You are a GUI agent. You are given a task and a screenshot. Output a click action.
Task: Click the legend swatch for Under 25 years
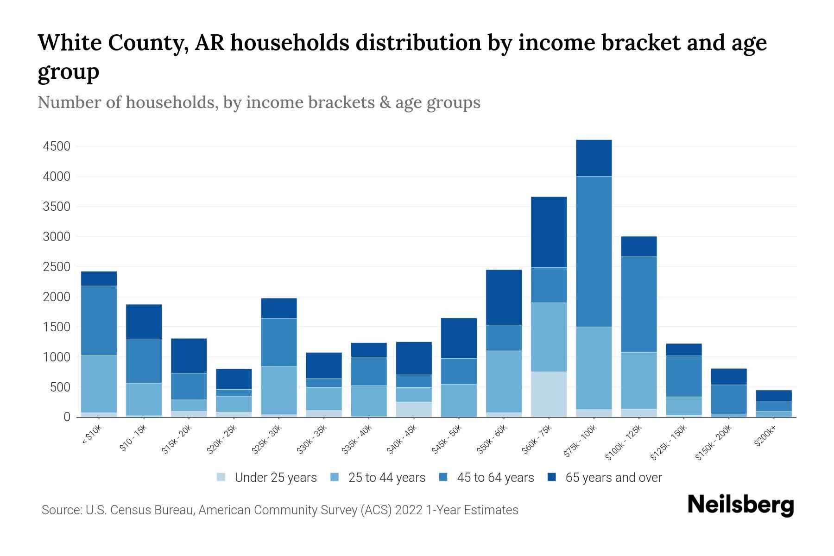coord(221,477)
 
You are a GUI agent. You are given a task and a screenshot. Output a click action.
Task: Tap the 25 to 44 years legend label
coord(386,478)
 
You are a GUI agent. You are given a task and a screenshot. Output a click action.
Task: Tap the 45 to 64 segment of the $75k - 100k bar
coord(594,252)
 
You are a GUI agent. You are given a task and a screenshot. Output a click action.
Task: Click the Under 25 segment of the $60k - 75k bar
coord(549,394)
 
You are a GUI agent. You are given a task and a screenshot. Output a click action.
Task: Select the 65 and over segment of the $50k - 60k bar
coord(504,297)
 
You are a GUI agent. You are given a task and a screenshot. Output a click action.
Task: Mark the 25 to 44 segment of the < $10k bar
coord(99,384)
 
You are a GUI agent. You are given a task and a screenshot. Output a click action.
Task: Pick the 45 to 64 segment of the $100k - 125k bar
coord(638,304)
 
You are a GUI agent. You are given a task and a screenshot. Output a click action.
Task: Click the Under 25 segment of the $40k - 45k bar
coord(414,409)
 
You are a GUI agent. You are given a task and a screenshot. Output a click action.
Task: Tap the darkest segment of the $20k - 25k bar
coord(234,379)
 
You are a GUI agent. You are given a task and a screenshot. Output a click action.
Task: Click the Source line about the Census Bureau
coord(280,510)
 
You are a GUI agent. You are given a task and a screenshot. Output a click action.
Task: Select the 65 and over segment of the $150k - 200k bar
coord(728,377)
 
